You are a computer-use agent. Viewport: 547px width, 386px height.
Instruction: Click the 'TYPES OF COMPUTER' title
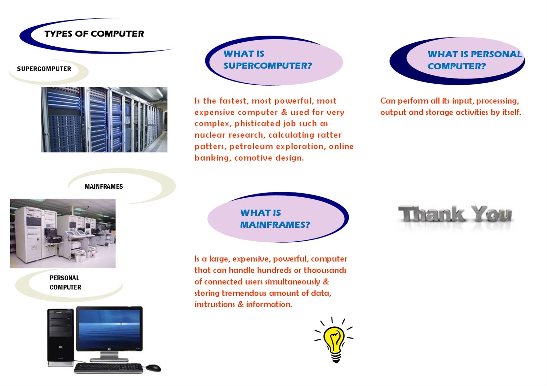click(x=94, y=34)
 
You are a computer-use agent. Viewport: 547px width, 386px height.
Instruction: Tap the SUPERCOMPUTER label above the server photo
click(x=44, y=69)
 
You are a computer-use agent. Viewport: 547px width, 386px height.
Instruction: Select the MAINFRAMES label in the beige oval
click(x=104, y=187)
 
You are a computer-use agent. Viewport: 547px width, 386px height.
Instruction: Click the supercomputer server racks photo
click(x=104, y=119)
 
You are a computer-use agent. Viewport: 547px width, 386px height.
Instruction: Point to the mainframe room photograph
click(x=63, y=233)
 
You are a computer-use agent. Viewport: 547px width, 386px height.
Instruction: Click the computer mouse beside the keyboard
click(x=153, y=368)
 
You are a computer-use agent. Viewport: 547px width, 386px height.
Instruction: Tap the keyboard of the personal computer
click(x=108, y=368)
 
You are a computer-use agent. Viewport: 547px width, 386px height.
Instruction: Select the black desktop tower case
click(x=61, y=338)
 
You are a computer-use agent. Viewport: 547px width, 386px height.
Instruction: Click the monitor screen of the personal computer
click(x=109, y=328)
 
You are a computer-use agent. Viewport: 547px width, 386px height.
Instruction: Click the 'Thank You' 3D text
click(x=455, y=214)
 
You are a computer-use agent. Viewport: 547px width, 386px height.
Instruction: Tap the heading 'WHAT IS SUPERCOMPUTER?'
click(x=268, y=60)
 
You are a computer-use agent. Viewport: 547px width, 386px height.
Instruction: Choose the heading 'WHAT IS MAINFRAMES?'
click(x=275, y=219)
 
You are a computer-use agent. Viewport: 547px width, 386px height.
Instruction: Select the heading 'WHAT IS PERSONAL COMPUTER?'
click(x=475, y=60)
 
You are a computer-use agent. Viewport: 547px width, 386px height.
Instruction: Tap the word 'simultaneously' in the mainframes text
click(x=292, y=282)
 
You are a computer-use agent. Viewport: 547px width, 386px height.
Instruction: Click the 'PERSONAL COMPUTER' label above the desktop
click(x=65, y=283)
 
